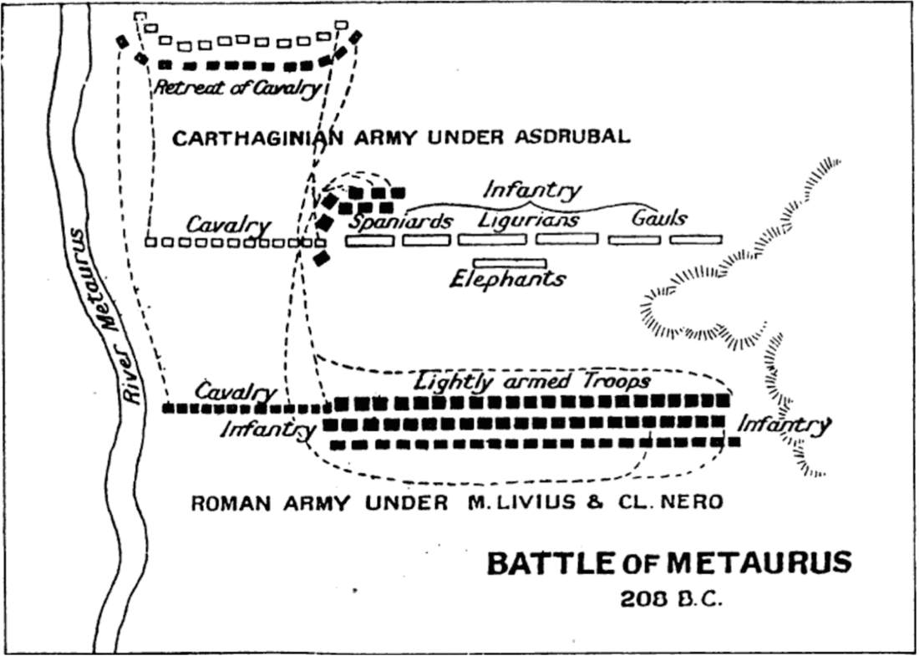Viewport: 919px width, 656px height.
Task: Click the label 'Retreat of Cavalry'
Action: (x=237, y=89)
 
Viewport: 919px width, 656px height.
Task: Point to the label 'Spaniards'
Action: (x=402, y=221)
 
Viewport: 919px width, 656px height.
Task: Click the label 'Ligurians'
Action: (x=528, y=220)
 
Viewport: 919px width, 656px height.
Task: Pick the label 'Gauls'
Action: (x=659, y=218)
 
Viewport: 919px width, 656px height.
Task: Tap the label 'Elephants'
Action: (x=507, y=279)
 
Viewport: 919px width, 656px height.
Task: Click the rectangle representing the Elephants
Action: (x=510, y=263)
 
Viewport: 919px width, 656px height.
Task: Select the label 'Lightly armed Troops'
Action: (x=532, y=382)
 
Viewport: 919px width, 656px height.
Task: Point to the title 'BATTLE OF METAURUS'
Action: (x=669, y=563)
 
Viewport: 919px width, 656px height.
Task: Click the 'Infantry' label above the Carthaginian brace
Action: (x=532, y=191)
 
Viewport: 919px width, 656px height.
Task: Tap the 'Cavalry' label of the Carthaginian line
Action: (x=228, y=226)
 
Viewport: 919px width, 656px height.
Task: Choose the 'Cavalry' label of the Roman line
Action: (x=236, y=392)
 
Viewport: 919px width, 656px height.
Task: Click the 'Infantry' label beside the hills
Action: (x=784, y=425)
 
